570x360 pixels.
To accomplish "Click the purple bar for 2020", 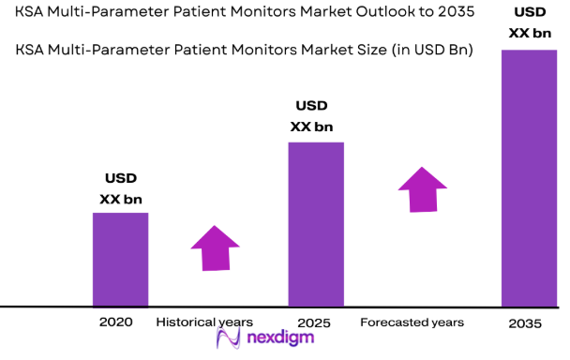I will [x=120, y=259].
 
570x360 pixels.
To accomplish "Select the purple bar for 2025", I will [x=315, y=224].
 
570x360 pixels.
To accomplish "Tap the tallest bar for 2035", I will [x=530, y=178].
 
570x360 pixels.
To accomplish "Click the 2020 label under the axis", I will [x=115, y=322].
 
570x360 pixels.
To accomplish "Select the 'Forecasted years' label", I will [x=412, y=322].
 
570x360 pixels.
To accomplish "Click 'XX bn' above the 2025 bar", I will [x=312, y=127].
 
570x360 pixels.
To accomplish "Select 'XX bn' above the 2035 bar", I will [x=528, y=33].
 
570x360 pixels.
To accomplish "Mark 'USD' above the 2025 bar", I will [x=312, y=105].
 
